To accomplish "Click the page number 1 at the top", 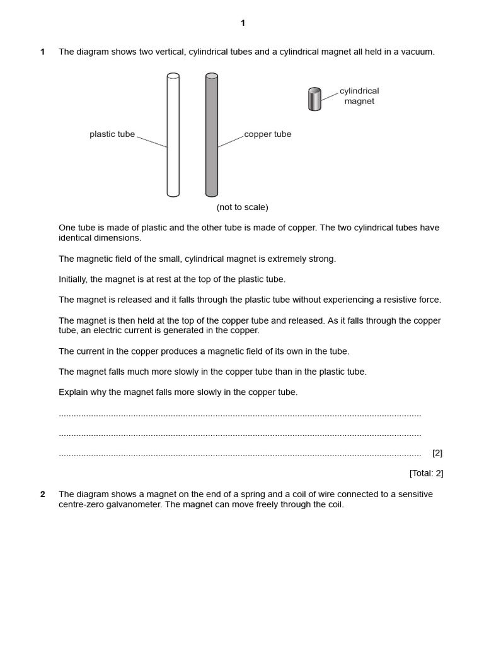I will [243, 23].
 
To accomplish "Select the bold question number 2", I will [43, 495].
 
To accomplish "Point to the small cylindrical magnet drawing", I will [314, 100].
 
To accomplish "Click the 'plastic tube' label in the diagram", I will [112, 134].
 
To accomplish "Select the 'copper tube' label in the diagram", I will [267, 134].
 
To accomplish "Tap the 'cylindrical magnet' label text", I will [359, 96].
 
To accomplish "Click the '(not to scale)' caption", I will [242, 208].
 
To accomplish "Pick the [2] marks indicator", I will [437, 453].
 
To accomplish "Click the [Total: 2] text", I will [426, 473].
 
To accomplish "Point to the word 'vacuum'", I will [418, 52].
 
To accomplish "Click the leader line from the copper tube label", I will [231, 141].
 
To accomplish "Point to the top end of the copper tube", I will [212, 76].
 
